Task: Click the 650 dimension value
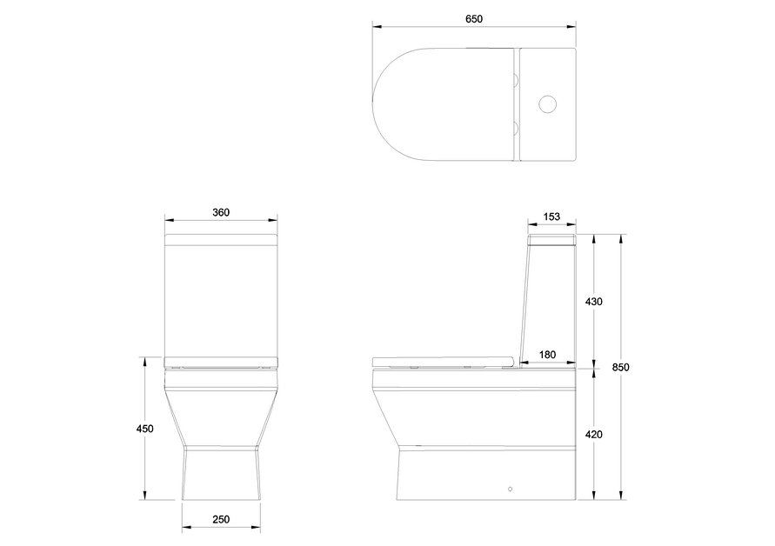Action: pos(474,18)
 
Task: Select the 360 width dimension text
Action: pos(221,213)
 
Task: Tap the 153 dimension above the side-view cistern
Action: pos(551,216)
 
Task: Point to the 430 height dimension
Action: pos(594,302)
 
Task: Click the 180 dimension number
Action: pos(548,354)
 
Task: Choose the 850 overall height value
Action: pos(620,367)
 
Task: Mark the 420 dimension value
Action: pos(594,434)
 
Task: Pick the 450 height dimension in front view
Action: pos(144,429)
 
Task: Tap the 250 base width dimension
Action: pos(221,519)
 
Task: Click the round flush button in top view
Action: pos(548,105)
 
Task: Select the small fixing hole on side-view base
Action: pos(511,489)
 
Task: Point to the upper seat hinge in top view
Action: pos(516,82)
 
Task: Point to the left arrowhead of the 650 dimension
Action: pos(376,26)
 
